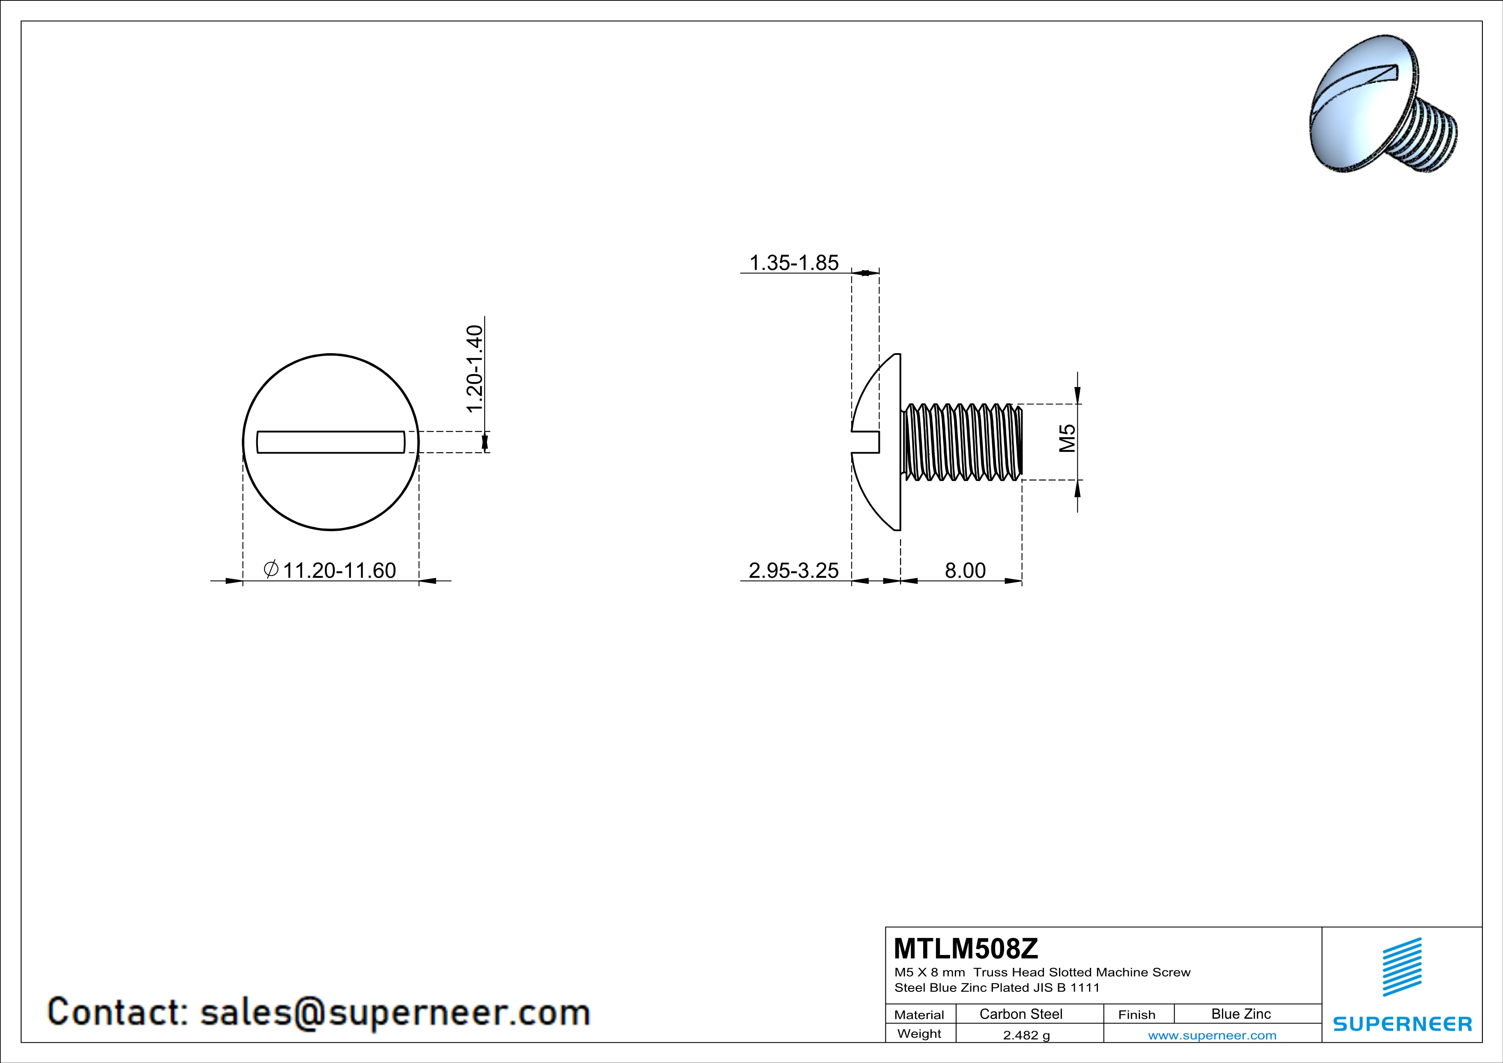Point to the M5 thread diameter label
(1068, 438)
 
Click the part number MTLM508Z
(966, 948)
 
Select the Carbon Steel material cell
(1020, 1014)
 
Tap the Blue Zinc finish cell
(1240, 1014)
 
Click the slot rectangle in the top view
(330, 442)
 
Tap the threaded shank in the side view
(961, 442)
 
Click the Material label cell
(919, 1015)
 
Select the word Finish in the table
(1137, 1015)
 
